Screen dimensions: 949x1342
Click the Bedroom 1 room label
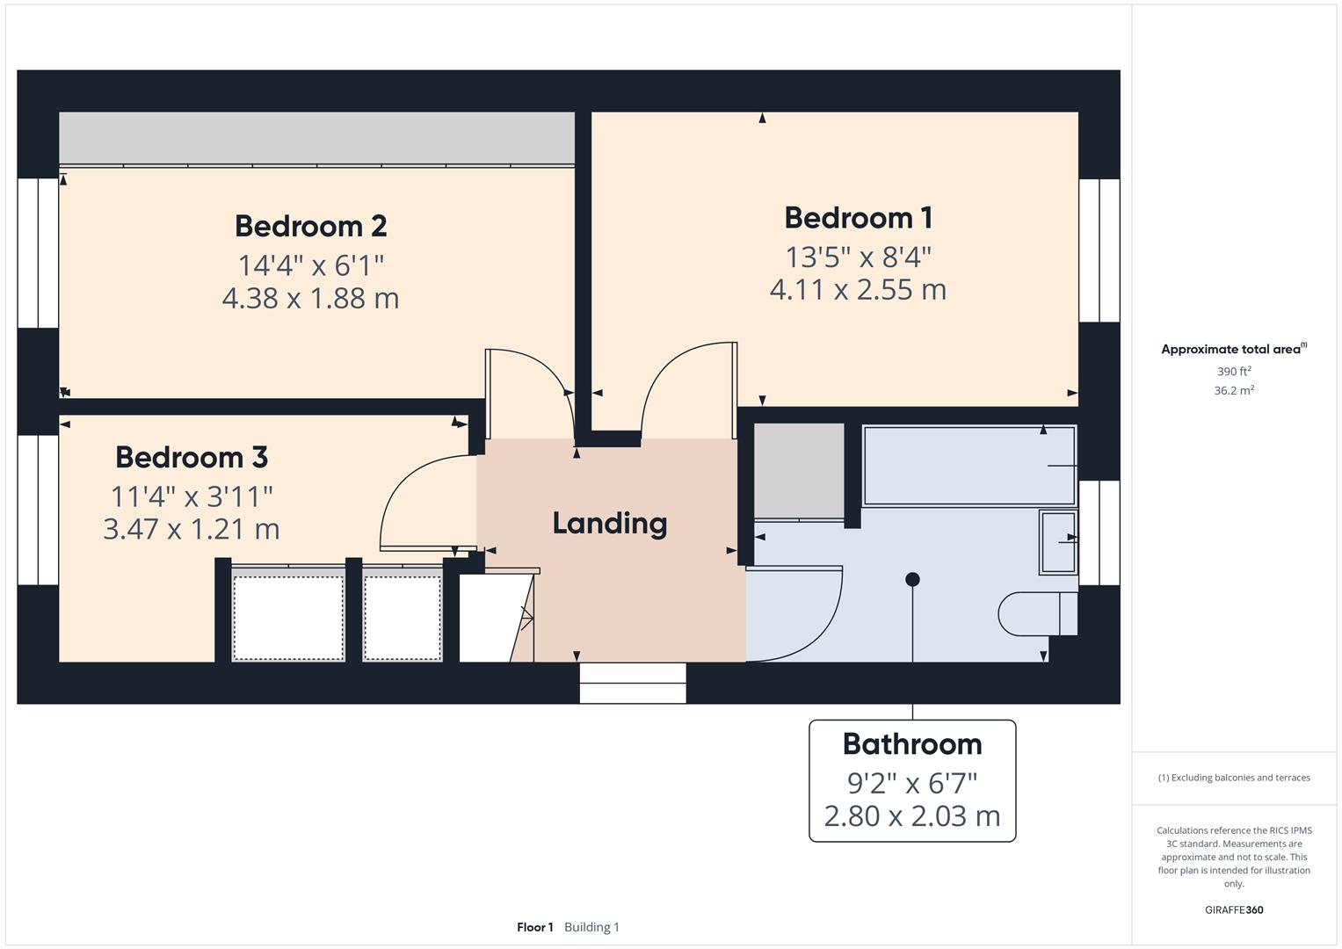coord(858,218)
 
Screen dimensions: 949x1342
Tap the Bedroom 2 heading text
coord(310,226)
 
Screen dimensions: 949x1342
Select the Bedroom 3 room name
coord(192,457)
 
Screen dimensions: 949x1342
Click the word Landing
coord(609,524)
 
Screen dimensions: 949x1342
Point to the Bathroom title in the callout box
coord(912,744)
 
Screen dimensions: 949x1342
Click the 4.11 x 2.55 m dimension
coord(858,290)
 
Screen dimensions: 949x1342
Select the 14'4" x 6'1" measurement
coord(310,264)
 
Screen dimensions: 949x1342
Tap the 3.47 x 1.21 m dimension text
coord(192,529)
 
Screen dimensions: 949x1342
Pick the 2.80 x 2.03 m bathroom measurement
coord(912,816)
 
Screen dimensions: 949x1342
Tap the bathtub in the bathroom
coord(968,466)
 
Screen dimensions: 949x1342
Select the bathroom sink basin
coord(1058,541)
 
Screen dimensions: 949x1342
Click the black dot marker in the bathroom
coord(912,579)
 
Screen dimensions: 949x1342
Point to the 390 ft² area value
coord(1234,372)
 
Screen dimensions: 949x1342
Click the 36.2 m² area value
coord(1234,391)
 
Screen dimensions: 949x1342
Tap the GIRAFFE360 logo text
coord(1234,909)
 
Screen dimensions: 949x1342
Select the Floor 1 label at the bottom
coord(534,927)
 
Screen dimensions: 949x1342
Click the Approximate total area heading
coord(1233,350)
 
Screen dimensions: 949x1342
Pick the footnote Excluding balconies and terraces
coord(1234,778)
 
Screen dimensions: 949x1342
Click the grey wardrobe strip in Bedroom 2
coord(316,138)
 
